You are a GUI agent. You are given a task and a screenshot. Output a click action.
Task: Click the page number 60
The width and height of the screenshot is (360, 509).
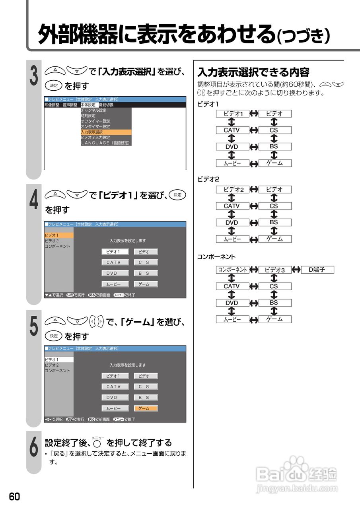click(14, 497)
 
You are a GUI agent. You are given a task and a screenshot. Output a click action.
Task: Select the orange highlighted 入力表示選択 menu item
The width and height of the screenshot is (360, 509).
click(105, 132)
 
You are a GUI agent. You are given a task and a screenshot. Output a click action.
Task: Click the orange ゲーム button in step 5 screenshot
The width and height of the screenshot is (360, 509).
click(146, 408)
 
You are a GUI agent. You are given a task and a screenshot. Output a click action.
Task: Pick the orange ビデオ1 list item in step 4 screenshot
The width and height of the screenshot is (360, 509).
click(58, 235)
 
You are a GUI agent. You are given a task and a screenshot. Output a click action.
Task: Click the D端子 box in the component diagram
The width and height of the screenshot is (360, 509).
click(317, 270)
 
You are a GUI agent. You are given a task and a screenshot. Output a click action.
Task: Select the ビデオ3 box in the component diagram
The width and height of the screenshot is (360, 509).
click(274, 270)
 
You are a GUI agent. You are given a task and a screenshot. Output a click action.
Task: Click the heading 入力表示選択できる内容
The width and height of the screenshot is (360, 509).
click(253, 72)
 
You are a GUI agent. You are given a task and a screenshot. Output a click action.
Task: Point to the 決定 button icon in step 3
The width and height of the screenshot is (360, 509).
click(53, 85)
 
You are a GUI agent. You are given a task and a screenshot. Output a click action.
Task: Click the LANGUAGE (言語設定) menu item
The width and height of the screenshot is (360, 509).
click(105, 143)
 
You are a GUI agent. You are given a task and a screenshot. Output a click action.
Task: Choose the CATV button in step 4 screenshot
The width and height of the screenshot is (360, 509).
click(115, 262)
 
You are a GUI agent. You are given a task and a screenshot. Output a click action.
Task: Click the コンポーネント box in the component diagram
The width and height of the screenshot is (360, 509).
click(232, 270)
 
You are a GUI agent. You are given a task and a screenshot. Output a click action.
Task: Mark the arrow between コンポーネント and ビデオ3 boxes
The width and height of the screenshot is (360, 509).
click(253, 270)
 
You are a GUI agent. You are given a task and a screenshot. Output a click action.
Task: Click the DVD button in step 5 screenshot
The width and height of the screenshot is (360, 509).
click(115, 397)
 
